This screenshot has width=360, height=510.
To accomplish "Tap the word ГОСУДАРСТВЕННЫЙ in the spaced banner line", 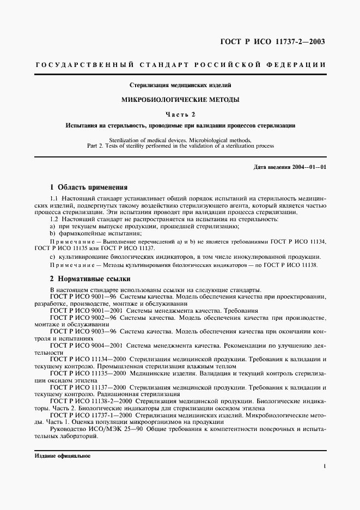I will (85, 65).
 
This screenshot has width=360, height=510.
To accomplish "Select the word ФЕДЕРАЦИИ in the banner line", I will (296, 65).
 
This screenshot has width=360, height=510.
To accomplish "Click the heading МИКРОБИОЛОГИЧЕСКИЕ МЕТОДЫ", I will (179, 100).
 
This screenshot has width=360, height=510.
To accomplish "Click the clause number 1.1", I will (54, 198).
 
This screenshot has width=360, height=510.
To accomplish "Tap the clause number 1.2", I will (54, 219).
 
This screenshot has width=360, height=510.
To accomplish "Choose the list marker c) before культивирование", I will (52, 257).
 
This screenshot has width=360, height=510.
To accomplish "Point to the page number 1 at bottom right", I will (325, 466).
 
